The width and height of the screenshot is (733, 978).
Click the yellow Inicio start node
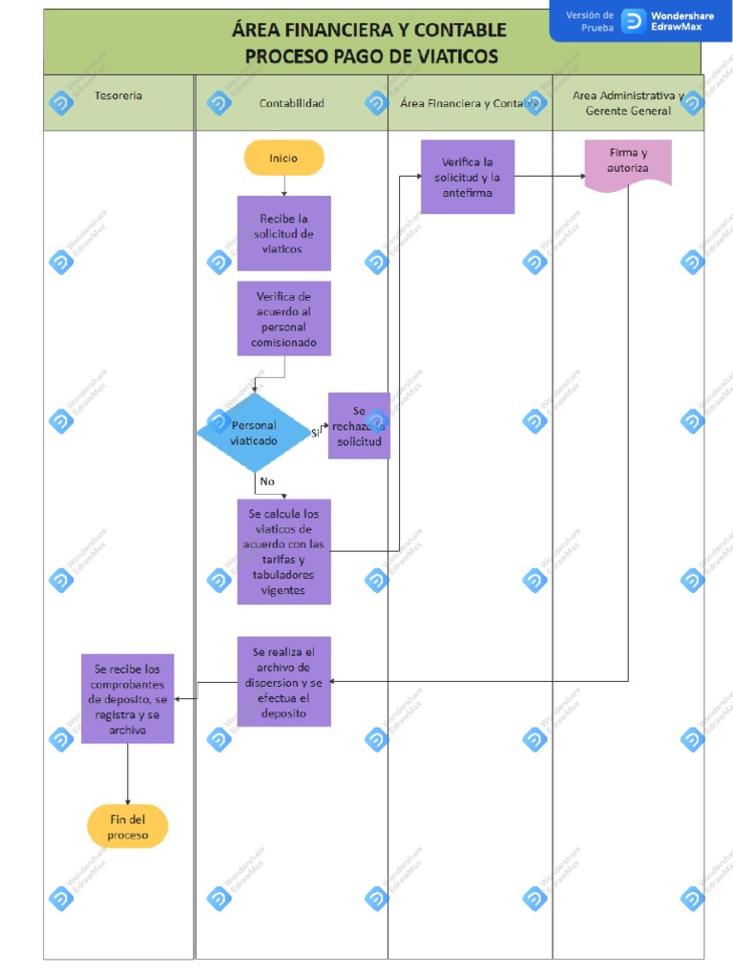283,158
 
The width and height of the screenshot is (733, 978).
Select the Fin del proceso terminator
127,826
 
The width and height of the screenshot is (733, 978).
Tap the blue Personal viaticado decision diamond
254,433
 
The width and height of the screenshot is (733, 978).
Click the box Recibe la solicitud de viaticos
283,233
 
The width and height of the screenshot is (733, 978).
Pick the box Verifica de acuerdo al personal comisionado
283,318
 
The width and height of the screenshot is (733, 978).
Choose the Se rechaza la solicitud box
359,426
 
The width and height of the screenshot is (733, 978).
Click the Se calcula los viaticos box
283,551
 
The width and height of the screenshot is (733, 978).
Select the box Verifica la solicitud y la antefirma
467,177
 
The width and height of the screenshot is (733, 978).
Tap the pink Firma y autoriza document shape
628,163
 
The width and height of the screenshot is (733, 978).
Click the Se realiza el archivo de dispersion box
283,681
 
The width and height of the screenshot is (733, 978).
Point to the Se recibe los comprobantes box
127,698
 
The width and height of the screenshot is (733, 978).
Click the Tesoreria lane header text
118,96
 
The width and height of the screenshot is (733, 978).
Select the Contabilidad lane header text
291,103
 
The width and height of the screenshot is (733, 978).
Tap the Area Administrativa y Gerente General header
627,103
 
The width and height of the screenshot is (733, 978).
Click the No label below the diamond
267,481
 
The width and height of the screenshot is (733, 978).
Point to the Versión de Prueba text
590,21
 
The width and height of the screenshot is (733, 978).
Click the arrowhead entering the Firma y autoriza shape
581,176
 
